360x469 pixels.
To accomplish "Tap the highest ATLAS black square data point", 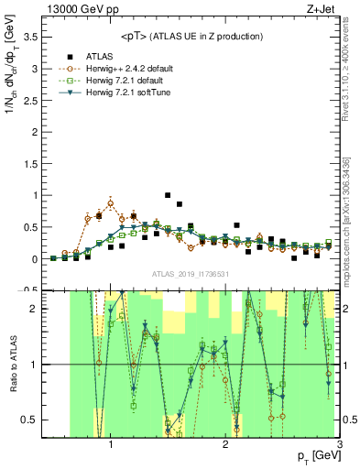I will point(167,195).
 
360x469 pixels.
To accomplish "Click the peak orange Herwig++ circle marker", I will point(110,203).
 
